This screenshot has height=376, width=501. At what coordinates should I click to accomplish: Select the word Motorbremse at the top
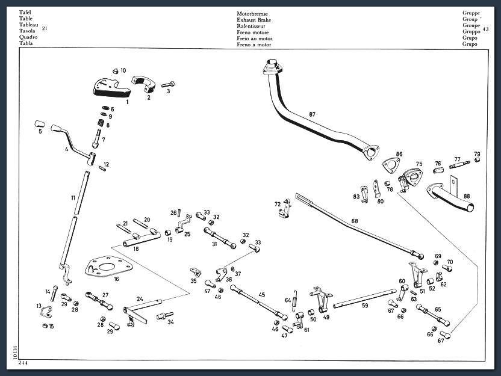point(253,13)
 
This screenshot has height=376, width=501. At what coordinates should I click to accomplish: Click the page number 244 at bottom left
point(22,363)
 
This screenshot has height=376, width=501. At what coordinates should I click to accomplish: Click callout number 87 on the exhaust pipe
point(312,114)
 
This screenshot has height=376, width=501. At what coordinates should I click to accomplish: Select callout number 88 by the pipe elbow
point(467,196)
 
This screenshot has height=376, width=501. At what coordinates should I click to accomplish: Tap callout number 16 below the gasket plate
point(116,279)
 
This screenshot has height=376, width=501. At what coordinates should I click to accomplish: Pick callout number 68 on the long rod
point(354,221)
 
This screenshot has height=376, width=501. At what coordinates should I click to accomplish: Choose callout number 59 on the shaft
point(365,305)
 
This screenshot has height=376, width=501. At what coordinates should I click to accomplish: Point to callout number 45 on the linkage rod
point(262,294)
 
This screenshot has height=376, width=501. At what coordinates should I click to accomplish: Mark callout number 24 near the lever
point(140,298)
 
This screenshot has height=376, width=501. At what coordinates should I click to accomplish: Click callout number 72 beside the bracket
point(278,205)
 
